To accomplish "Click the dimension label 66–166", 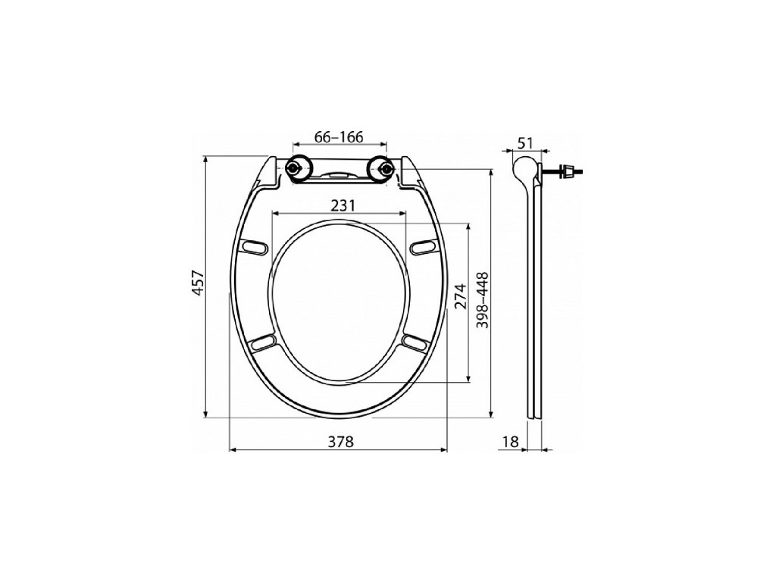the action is click(339, 137).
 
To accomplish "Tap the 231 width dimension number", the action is click(343, 205).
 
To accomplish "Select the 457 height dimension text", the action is click(199, 283).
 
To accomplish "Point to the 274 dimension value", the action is click(461, 296).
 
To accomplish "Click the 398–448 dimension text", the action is click(483, 300).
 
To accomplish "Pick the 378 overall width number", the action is click(342, 442).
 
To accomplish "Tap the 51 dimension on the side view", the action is click(525, 143).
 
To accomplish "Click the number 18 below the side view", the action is click(511, 442).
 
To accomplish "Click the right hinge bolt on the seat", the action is click(383, 169).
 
